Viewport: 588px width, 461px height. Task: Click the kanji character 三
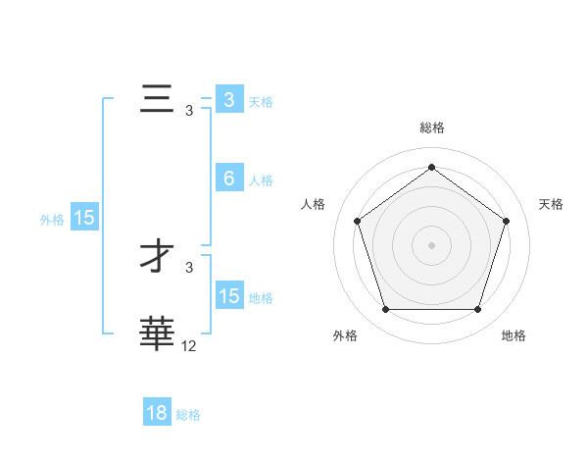(157, 101)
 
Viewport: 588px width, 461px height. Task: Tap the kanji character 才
(157, 258)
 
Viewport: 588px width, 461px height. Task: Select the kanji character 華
(157, 333)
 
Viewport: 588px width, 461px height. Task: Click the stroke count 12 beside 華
(189, 345)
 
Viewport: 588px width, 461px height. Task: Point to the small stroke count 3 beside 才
(189, 267)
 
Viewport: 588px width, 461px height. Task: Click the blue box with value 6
(228, 179)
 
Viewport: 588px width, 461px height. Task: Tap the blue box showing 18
(157, 413)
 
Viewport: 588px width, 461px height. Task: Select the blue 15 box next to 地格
(228, 296)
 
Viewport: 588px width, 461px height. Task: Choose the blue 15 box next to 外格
(84, 218)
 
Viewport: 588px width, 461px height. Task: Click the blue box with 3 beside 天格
(228, 100)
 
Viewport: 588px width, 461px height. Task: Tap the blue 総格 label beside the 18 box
(188, 415)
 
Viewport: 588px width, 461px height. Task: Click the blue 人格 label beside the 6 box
(261, 180)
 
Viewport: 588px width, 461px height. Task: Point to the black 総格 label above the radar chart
(431, 128)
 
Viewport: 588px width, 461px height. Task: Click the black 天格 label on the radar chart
(551, 204)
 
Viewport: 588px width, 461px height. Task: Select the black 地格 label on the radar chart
(514, 335)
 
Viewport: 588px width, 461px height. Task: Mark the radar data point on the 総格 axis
(431, 167)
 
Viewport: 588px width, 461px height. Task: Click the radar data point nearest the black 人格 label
(357, 221)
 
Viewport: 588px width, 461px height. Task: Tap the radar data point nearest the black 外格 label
(385, 310)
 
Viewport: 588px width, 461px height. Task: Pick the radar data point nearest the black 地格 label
(477, 310)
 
